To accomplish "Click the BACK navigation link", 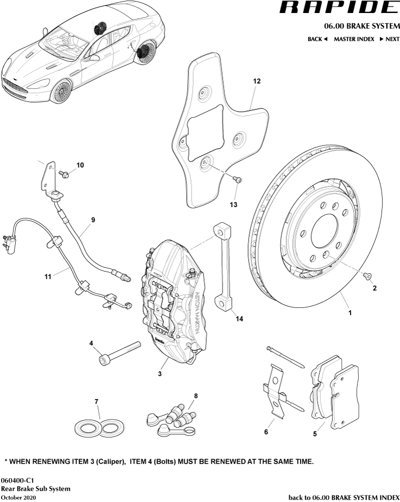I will click(318, 39).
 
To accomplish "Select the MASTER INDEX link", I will click(354, 39).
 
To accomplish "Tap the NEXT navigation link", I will click(389, 39).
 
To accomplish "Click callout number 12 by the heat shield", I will click(257, 81).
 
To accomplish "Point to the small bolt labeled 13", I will click(237, 179).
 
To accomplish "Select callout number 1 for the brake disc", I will click(350, 313).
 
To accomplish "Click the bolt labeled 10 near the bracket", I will click(64, 174).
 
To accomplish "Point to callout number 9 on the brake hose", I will click(93, 220).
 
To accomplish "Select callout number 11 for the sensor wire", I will click(48, 276).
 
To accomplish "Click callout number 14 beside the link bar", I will click(239, 319).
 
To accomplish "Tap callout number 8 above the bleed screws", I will click(196, 396).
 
